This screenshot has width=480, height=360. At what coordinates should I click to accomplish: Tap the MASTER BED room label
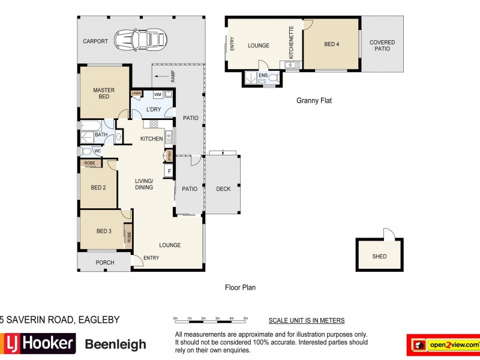tap(103, 94)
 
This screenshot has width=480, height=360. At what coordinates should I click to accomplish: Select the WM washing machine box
tap(157, 95)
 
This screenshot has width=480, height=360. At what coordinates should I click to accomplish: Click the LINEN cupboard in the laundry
tap(136, 94)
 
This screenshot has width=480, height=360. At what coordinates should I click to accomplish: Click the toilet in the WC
tap(86, 151)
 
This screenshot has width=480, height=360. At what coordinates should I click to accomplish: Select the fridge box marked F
tap(169, 172)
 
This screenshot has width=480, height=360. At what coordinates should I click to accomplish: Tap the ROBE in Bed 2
tap(89, 163)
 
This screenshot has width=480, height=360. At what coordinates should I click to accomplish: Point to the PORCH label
tap(104, 262)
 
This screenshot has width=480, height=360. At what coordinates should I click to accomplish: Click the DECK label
tap(223, 189)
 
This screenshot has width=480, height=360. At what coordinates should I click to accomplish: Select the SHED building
tap(379, 256)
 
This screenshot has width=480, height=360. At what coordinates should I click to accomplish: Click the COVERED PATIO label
tap(382, 46)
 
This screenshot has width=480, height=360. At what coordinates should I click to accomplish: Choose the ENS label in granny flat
tap(262, 76)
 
